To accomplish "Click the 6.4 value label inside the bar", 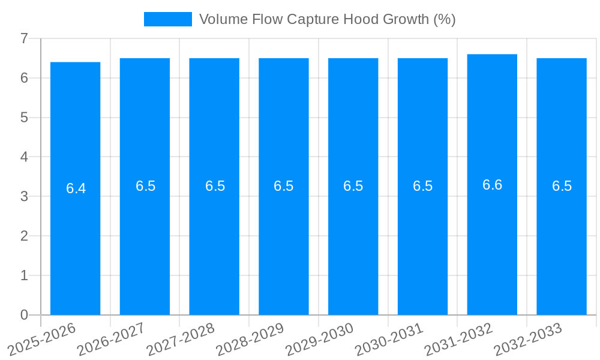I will (76, 188).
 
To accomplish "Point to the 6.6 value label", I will (492, 185).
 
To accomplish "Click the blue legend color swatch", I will (168, 19).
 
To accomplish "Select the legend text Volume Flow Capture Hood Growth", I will (327, 19).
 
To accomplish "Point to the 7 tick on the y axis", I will (24, 38).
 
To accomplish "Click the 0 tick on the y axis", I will (24, 314).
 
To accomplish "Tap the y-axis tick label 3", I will (24, 196).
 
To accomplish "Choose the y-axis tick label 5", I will (24, 118).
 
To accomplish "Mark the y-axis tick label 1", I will (24, 275).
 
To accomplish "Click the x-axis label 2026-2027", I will (112, 338).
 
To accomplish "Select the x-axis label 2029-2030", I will (320, 338).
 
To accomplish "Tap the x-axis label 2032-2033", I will (528, 338).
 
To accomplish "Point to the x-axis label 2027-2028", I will (181, 338).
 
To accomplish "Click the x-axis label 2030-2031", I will (389, 338).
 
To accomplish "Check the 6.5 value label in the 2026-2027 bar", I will (145, 186).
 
